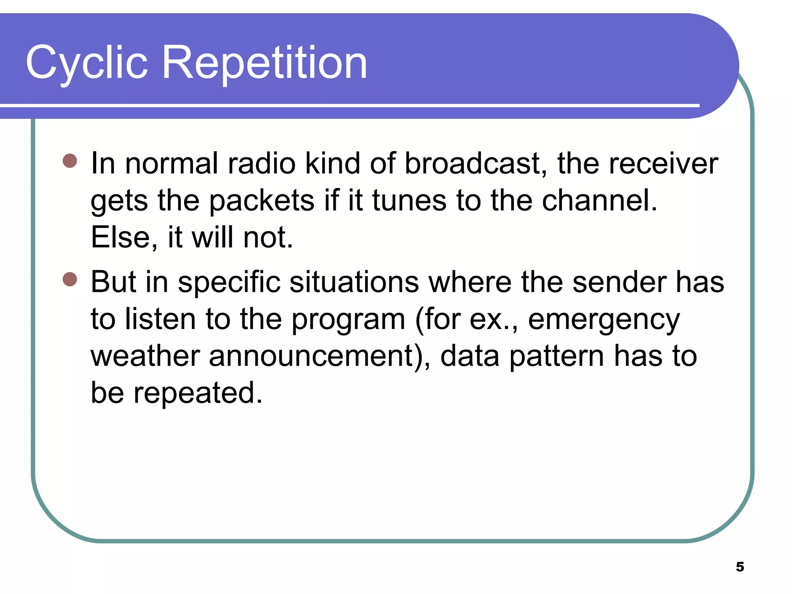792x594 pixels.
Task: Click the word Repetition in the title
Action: [x=265, y=63]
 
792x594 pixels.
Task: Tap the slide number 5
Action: [x=740, y=567]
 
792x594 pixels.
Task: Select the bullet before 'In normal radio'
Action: [x=70, y=161]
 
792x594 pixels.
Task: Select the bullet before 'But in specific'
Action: [x=70, y=279]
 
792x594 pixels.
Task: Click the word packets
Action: [x=262, y=201]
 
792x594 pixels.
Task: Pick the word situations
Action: [x=354, y=282]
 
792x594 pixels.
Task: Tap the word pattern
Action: [x=556, y=356]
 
